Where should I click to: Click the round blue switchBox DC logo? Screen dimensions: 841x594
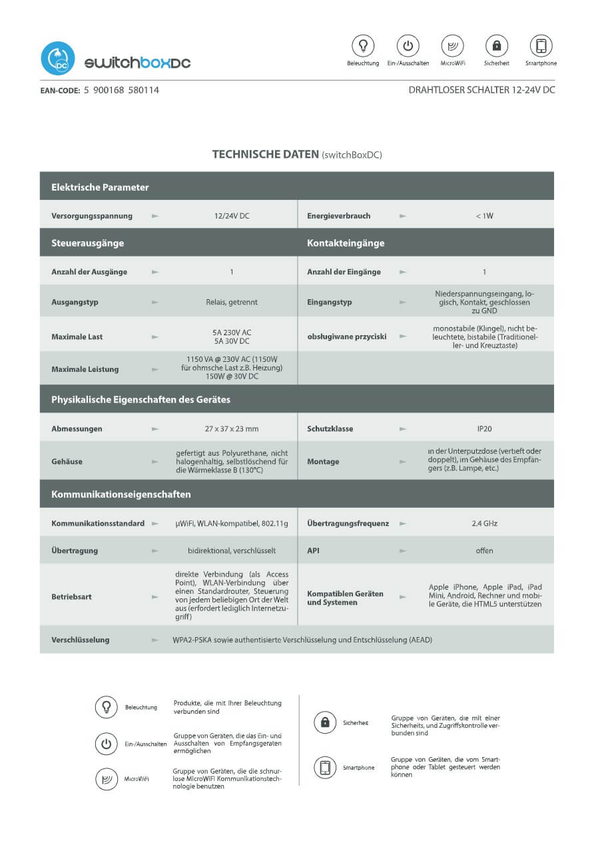coord(57,59)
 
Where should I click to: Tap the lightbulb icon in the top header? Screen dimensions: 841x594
coord(363,45)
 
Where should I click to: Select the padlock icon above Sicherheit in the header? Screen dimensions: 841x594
coord(496,45)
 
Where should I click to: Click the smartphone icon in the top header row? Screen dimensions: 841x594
coord(541,45)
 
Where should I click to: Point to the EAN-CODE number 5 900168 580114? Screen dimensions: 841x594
coord(121,90)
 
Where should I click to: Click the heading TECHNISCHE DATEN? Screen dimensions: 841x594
coord(266,155)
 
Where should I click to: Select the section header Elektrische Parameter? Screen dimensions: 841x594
coord(100,187)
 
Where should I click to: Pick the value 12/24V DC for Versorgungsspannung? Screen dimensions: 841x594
coord(231,216)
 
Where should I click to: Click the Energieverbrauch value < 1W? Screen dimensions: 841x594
coord(484,216)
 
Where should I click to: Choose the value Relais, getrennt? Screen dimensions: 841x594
coord(231,302)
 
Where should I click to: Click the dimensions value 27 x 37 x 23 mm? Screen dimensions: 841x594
coord(231,428)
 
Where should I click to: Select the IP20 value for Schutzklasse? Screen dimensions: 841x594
coord(484,428)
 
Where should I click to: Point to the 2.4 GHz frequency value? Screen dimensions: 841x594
coord(484,523)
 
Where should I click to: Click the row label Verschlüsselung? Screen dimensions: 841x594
coord(80,640)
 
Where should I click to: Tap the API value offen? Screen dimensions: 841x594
coord(484,550)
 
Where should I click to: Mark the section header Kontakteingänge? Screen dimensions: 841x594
coord(346,243)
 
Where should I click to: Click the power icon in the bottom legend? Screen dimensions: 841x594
coord(106,744)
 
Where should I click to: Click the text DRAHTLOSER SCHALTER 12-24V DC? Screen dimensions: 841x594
coord(481,90)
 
